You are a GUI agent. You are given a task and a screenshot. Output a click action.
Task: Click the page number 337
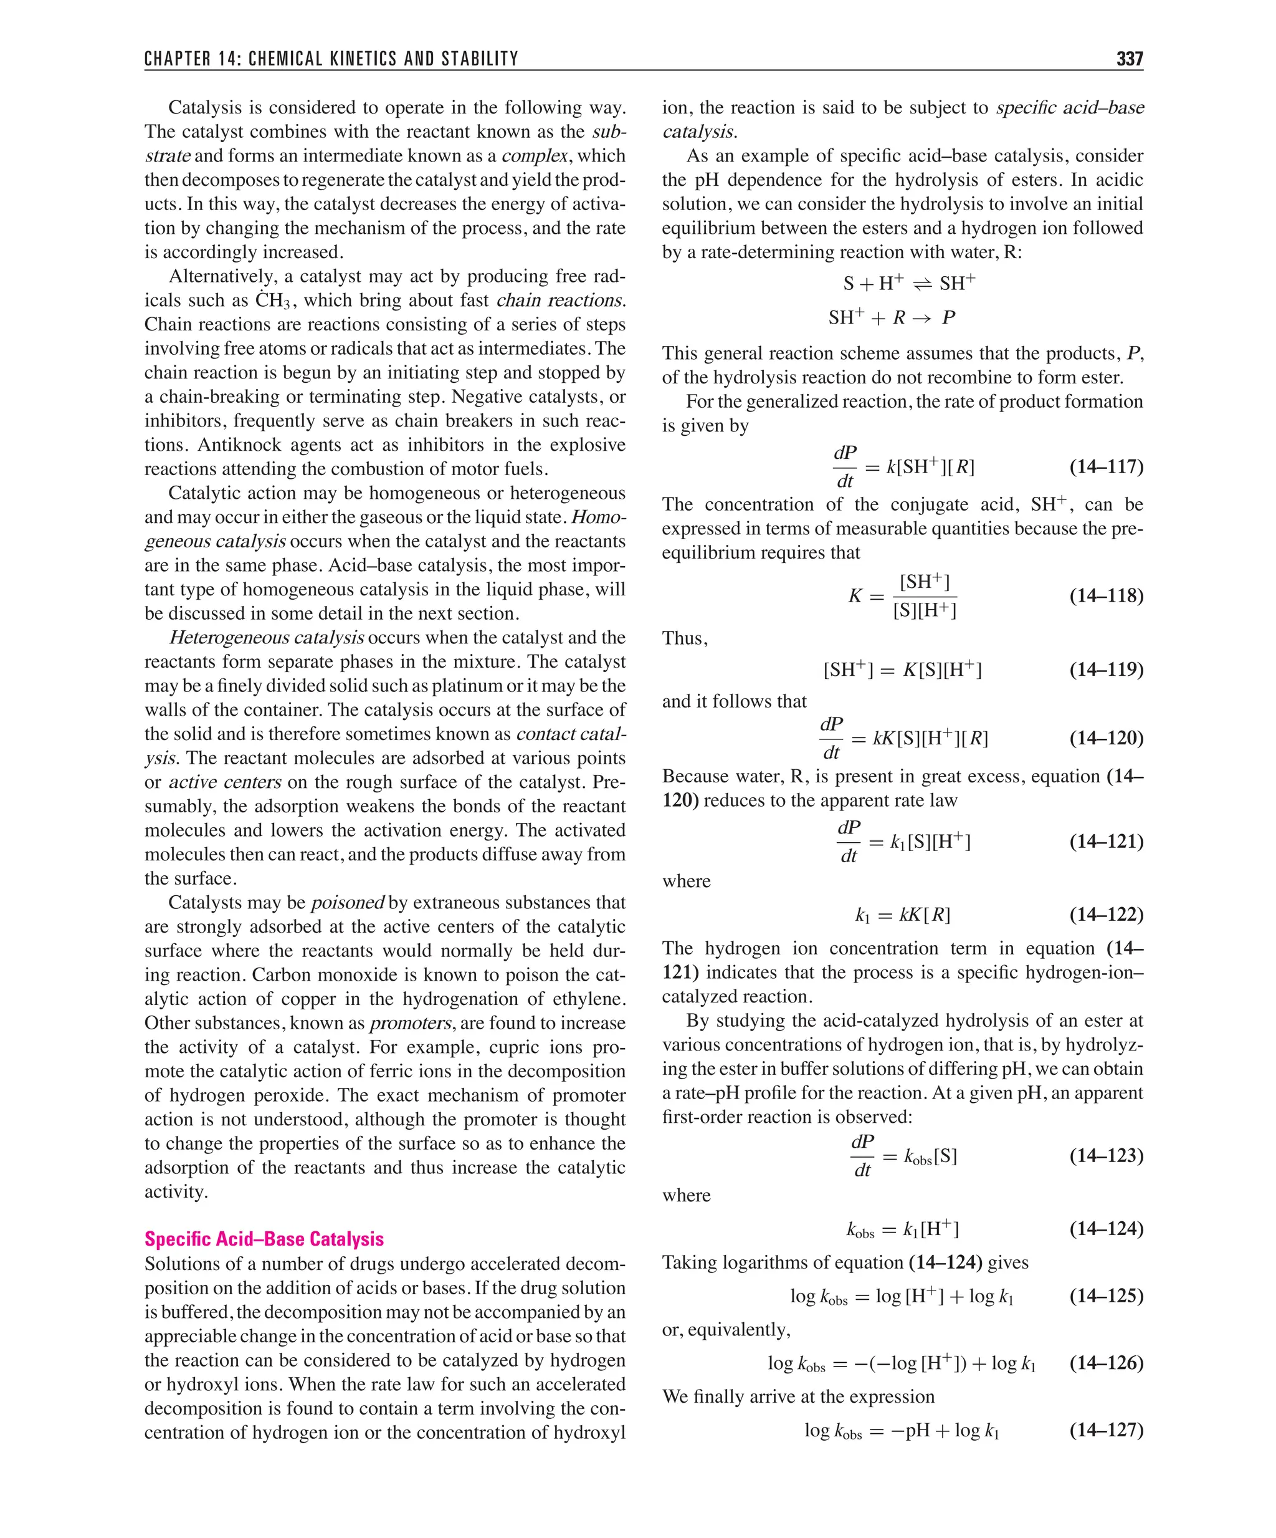click(x=1129, y=59)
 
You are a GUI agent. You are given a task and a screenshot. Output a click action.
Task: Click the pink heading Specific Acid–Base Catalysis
click(x=264, y=1239)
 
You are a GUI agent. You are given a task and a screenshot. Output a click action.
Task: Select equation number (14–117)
click(x=1105, y=466)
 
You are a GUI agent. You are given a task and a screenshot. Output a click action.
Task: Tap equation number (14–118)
click(x=1105, y=595)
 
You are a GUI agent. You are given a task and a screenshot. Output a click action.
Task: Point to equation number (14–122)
click(x=1105, y=914)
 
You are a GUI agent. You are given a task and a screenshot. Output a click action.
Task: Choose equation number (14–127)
click(x=1105, y=1430)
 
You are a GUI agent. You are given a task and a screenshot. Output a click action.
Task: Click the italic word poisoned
click(x=348, y=902)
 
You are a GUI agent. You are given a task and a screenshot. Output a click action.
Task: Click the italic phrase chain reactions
click(x=559, y=300)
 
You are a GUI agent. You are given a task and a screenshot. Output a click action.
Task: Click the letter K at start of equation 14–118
click(x=855, y=596)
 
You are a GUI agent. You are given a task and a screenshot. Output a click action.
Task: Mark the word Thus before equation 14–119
click(x=683, y=638)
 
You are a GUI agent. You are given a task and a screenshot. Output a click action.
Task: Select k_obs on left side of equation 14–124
click(x=860, y=1229)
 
